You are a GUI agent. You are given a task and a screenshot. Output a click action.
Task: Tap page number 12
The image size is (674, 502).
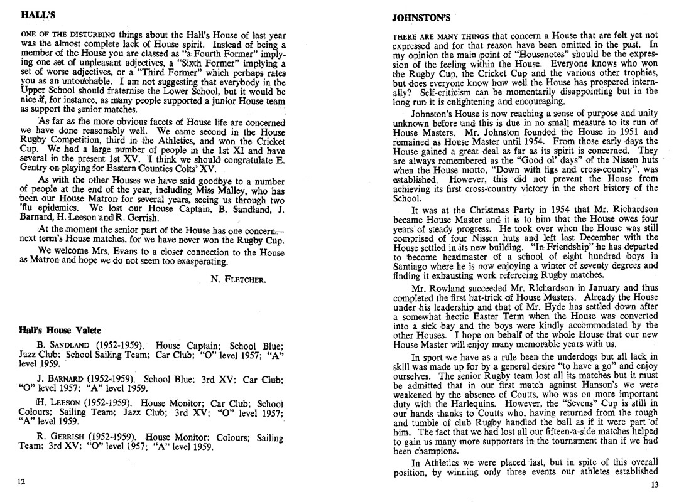pyautogui.click(x=22, y=481)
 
